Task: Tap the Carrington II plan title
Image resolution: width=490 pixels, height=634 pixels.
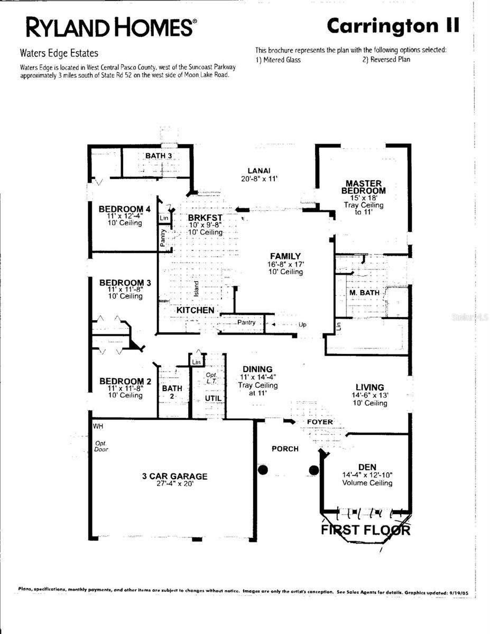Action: point(393,25)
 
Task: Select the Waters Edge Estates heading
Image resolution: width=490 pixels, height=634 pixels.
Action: point(59,53)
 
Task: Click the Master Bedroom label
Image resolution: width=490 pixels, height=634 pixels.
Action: point(363,187)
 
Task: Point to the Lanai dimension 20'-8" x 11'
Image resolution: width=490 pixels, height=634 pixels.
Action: point(259,179)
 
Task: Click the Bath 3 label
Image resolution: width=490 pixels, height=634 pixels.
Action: point(159,155)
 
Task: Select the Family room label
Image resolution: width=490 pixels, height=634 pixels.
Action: point(285,256)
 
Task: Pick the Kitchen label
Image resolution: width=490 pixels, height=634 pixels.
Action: point(195,310)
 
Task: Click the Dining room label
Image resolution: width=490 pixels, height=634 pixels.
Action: point(257,369)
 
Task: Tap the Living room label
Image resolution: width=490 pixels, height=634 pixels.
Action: point(369,387)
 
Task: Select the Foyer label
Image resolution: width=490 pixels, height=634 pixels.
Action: point(320,422)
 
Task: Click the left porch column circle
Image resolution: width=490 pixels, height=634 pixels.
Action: point(263,469)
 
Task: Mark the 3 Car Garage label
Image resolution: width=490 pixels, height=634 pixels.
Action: point(174,476)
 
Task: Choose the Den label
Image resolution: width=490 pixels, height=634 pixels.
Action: point(367,467)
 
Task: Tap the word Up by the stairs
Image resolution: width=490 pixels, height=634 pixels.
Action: point(302,324)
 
